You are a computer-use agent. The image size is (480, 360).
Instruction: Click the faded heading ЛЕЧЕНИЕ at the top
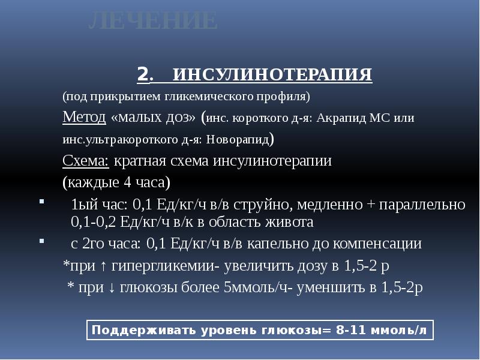pos(152,22)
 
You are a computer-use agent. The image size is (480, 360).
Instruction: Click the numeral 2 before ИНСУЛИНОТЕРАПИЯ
pos(142,75)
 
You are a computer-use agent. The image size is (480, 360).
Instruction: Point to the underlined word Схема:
pos(86,161)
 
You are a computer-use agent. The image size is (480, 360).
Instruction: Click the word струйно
pos(266,204)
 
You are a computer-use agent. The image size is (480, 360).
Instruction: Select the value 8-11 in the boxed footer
pos(356,331)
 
